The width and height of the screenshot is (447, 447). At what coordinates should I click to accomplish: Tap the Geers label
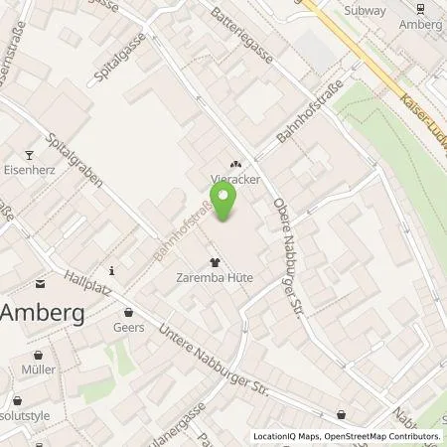[129, 327]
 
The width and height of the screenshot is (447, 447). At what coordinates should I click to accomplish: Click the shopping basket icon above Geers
[129, 311]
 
